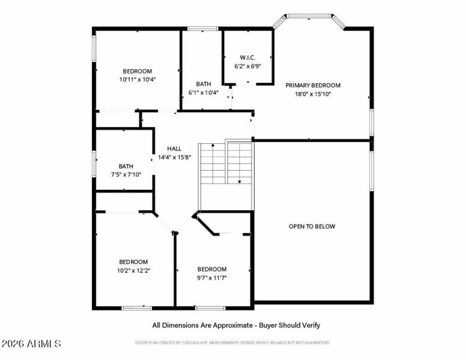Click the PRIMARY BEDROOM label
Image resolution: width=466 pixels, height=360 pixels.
(312, 85)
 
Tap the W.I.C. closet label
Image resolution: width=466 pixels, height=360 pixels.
(247, 57)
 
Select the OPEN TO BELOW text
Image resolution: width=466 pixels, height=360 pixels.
(312, 227)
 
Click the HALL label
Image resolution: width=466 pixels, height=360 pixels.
(174, 148)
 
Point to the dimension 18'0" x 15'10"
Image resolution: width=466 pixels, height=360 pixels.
(312, 94)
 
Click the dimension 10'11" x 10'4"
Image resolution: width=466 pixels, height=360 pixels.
(137, 79)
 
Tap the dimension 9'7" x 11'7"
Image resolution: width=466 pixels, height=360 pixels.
(211, 278)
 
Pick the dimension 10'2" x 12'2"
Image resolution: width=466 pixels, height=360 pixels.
(133, 270)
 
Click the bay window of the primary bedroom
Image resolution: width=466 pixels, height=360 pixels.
(309, 17)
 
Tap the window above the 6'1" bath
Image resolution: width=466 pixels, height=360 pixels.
(202, 28)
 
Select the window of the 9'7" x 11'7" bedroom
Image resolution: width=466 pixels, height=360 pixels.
(210, 307)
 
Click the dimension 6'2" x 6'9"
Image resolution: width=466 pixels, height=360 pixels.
(247, 66)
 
